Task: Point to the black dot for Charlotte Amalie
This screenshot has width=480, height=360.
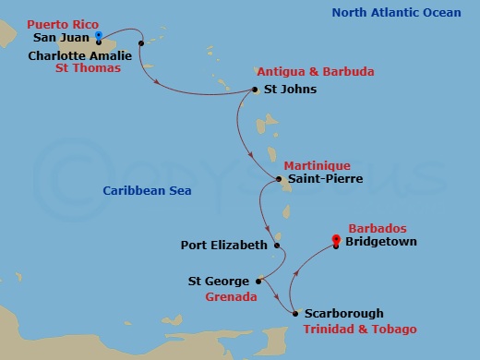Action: pos(140,42)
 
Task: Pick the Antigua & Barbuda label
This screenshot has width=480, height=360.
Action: pos(305,72)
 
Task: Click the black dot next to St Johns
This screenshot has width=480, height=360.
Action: pos(255,90)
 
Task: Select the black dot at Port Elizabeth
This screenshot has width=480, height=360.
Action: pos(276,246)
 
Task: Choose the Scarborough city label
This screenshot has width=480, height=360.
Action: pos(343,314)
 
